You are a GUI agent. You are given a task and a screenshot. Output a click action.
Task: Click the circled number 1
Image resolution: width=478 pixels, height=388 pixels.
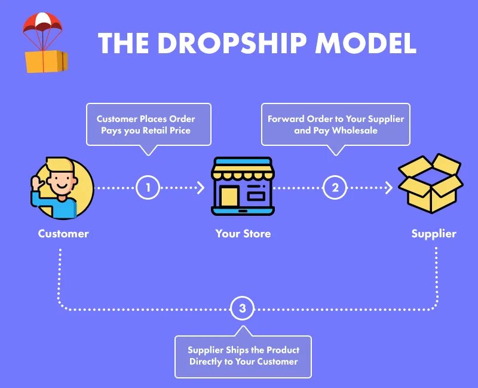tap(148, 188)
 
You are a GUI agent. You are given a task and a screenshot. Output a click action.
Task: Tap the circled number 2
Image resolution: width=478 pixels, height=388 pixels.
tap(335, 188)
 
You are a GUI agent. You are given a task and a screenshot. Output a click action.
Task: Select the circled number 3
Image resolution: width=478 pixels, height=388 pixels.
tap(242, 309)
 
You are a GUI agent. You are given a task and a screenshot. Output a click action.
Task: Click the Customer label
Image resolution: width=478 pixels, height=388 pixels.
tap(63, 234)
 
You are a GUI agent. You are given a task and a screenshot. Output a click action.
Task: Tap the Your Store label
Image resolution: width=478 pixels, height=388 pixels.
tap(243, 234)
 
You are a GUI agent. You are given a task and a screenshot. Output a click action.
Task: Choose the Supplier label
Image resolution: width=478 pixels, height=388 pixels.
tap(434, 234)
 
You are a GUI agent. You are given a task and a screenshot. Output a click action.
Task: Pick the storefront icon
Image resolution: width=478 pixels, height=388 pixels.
tap(243, 186)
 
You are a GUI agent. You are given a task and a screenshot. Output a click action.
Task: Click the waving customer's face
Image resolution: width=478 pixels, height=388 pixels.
tap(61, 179)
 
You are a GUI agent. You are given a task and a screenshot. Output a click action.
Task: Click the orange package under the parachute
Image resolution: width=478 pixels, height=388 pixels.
tap(46, 61)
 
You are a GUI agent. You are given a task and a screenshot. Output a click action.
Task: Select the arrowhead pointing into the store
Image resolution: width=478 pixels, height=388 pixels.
tap(201, 188)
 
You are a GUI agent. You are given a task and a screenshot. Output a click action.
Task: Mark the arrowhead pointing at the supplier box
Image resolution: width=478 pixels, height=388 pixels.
tap(389, 188)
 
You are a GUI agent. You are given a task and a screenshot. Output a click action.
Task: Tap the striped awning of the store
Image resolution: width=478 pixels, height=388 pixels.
tap(243, 169)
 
